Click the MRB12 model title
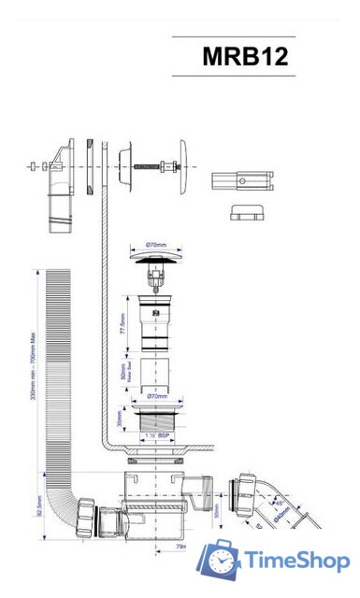pos(245,57)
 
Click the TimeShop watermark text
pos(297,561)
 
